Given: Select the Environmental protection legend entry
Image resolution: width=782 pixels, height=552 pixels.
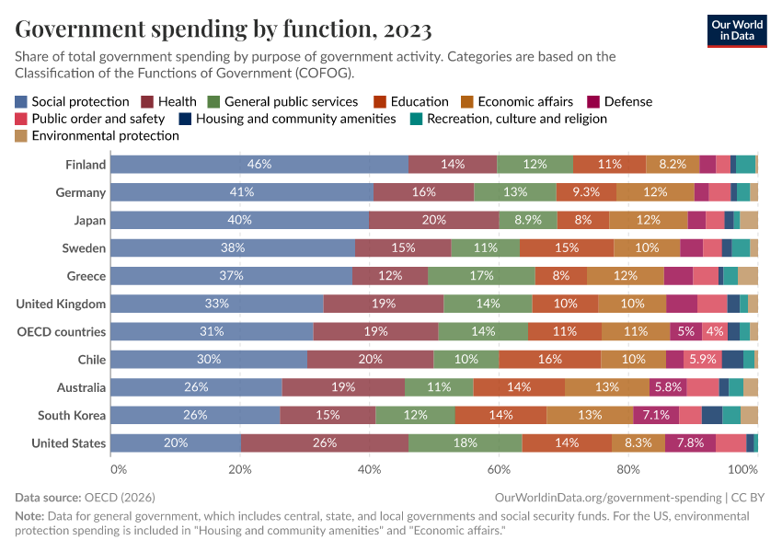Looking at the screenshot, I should click(x=98, y=135).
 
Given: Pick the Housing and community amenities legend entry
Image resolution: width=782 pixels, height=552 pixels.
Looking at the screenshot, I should click(x=287, y=119).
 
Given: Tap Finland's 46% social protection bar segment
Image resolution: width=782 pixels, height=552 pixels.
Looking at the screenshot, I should click(x=259, y=165).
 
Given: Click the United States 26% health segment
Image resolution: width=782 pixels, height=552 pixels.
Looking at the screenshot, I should click(x=325, y=443).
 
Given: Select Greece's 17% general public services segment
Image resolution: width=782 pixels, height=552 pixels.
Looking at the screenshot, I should click(x=481, y=276).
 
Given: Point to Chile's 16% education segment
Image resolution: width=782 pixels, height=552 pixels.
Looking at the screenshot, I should click(x=550, y=360).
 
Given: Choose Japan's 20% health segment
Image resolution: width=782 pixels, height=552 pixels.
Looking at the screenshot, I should click(x=433, y=220).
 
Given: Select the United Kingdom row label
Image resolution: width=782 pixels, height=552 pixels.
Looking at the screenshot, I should click(x=61, y=304).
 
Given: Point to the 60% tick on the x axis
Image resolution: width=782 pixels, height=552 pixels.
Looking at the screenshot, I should click(x=500, y=469).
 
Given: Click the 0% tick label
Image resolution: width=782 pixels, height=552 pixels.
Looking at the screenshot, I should click(x=118, y=469).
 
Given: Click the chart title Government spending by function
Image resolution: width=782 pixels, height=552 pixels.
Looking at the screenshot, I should click(x=224, y=30).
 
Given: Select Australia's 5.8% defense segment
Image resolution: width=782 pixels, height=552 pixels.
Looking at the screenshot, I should click(x=668, y=387).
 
